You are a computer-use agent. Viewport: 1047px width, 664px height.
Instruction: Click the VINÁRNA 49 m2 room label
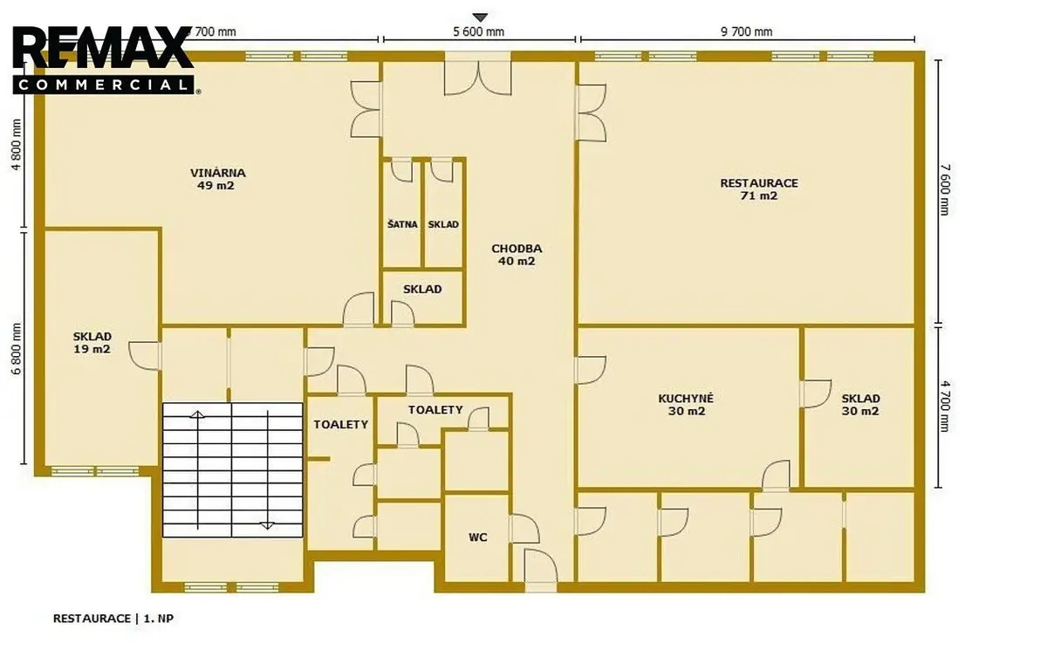click(x=217, y=179)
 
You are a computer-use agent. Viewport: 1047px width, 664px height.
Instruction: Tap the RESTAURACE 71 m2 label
click(x=759, y=189)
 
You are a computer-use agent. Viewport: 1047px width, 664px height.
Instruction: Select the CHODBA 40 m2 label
click(x=517, y=255)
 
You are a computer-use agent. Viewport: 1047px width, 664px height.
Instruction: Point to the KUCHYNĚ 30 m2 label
click(x=686, y=405)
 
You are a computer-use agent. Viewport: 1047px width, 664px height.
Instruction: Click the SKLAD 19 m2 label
click(x=92, y=343)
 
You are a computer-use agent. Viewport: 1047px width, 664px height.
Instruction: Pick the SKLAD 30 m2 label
click(x=860, y=405)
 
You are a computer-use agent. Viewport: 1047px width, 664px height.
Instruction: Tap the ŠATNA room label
click(x=402, y=224)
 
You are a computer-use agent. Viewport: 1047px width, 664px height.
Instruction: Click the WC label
click(x=478, y=537)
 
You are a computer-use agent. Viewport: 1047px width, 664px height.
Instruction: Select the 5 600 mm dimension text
click(x=479, y=31)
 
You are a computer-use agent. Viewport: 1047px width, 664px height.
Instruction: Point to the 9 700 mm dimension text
click(x=747, y=31)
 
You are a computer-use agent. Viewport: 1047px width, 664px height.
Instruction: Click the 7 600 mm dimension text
click(x=945, y=189)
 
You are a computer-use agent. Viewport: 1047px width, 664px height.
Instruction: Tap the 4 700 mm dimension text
click(x=945, y=406)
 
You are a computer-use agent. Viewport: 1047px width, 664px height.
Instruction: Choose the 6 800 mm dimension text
click(x=17, y=349)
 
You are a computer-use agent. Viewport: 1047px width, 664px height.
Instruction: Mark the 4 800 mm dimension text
click(x=17, y=145)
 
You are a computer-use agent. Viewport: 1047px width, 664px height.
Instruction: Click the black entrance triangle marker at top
click(x=480, y=17)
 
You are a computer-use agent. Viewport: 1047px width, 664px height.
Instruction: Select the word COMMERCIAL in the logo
click(x=103, y=85)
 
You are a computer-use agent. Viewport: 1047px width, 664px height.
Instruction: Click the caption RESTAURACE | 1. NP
click(x=113, y=619)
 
